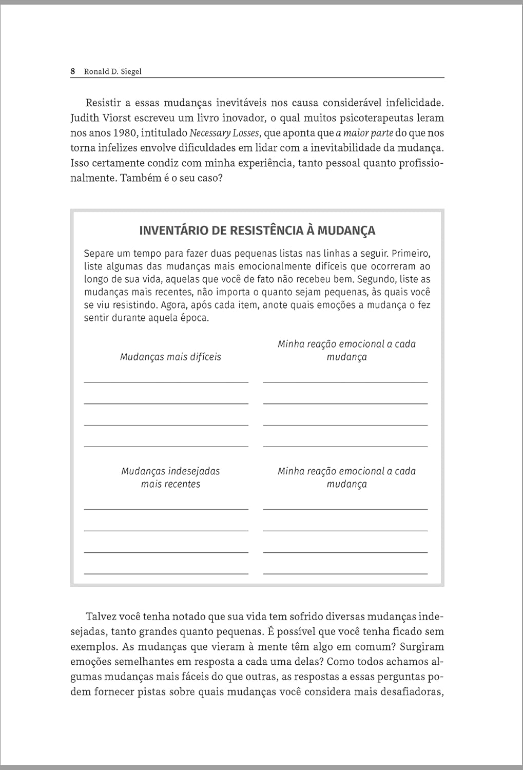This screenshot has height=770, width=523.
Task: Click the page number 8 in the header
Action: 73,72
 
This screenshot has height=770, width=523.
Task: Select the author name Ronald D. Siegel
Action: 112,72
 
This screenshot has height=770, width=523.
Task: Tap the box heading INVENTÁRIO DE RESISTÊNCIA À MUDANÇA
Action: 257,230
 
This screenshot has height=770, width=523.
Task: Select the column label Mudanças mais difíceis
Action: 170,357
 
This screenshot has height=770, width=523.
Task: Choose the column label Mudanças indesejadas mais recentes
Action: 170,477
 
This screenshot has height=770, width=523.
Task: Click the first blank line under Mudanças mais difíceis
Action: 166,382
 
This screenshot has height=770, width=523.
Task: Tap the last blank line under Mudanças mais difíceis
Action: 166,446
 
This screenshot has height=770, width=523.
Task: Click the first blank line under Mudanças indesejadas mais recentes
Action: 166,509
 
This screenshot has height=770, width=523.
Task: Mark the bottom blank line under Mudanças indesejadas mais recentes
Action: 166,573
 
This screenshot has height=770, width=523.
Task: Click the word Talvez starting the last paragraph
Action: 102,617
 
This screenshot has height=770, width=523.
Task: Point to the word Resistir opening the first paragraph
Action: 103,103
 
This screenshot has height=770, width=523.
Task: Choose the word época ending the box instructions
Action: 195,318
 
